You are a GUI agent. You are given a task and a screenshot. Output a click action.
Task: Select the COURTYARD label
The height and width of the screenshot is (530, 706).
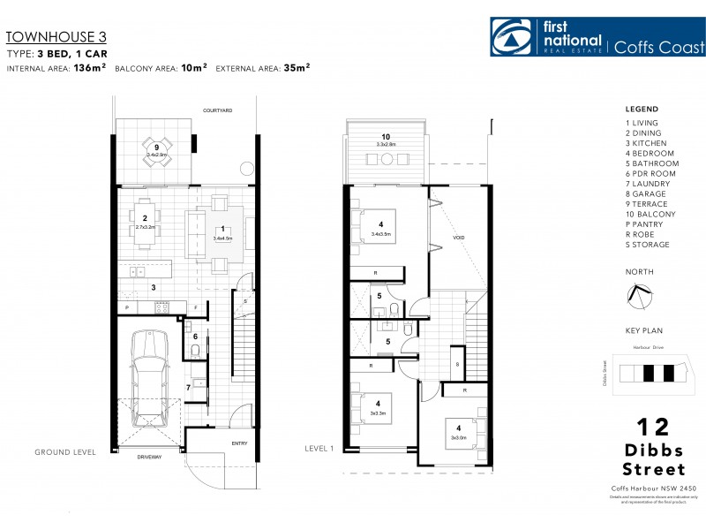point(217,110)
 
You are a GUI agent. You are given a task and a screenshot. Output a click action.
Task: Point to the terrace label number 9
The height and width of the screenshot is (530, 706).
point(156,147)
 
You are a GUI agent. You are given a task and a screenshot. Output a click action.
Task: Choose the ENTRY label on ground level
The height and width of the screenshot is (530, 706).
point(239,443)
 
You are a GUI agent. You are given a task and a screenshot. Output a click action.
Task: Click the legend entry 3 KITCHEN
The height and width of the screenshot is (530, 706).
point(647,143)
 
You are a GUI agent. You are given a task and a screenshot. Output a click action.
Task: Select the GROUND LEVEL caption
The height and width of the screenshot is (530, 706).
point(65,452)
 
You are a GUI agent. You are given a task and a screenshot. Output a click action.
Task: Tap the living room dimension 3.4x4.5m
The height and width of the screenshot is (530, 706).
point(222,238)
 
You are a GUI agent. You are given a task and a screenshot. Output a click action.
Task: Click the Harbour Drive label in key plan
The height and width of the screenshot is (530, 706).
point(648,348)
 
